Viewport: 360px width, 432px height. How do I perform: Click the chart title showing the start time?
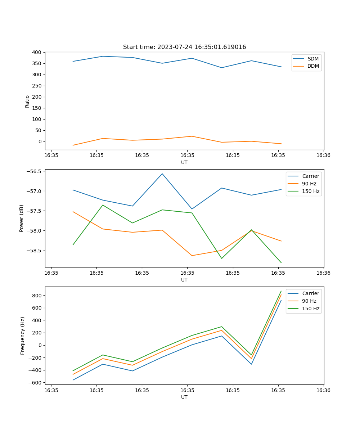click(x=184, y=47)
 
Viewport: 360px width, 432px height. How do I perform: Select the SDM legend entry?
click(x=313, y=58)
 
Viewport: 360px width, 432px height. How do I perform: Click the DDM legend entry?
click(x=313, y=66)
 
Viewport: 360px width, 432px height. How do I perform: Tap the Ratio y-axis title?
click(x=27, y=101)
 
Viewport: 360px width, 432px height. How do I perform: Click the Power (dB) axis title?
click(x=22, y=218)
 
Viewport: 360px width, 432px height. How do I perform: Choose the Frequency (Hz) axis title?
click(x=23, y=336)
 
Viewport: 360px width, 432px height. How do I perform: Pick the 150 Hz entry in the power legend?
click(x=311, y=191)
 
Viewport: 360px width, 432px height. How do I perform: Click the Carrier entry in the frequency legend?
click(x=310, y=293)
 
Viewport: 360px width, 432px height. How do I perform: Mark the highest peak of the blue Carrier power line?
click(x=162, y=174)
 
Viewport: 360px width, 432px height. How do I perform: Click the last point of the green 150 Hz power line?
click(x=281, y=263)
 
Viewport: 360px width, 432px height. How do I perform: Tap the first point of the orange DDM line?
click(x=73, y=145)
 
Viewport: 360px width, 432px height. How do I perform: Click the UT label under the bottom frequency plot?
click(x=184, y=397)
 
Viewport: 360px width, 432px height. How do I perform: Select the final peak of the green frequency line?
click(x=281, y=291)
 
